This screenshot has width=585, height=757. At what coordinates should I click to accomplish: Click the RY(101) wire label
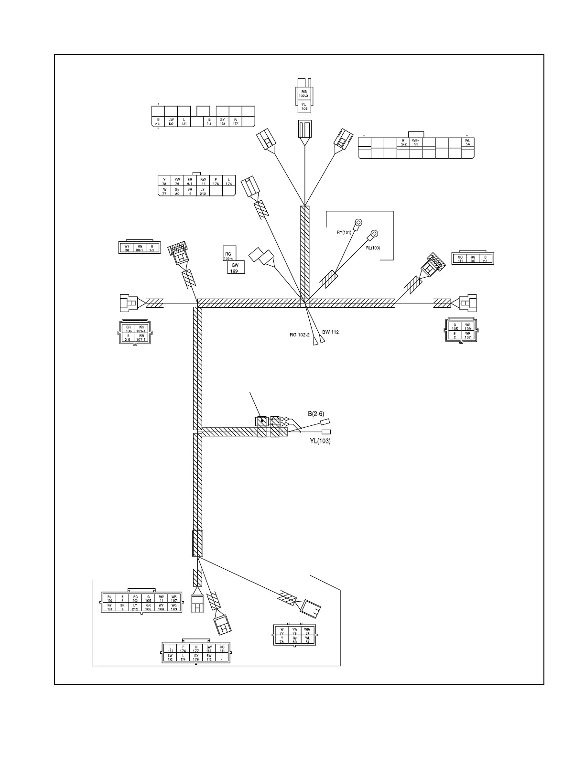pos(344,233)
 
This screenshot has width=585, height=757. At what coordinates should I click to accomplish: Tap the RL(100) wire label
pos(373,248)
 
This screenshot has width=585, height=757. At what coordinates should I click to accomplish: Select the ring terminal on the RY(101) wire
pos(357,222)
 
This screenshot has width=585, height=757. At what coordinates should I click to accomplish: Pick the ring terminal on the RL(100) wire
pos(374,234)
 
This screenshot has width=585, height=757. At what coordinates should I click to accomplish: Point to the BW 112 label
pos(330,332)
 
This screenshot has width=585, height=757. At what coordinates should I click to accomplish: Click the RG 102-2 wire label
pos(300,335)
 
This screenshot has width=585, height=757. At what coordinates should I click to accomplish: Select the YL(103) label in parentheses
pos(320,441)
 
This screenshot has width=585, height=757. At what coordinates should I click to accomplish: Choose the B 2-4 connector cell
pos(209,121)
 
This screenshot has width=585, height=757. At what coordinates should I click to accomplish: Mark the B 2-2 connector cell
pos(403,142)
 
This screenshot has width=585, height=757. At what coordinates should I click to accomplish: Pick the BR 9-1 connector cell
pos(190,181)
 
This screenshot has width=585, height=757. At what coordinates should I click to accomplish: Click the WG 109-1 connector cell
pos(141,329)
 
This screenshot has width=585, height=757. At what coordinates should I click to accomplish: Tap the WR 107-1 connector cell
pos(141,337)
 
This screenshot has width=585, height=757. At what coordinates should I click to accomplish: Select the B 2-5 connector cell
pos(128,337)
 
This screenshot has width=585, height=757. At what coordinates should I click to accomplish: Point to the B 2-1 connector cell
pos(486,259)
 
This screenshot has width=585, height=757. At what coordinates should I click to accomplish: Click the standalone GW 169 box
pos(235,267)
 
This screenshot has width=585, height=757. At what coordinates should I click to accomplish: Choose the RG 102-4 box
pos(228,256)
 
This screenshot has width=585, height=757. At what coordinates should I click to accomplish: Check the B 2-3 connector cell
pos(158,121)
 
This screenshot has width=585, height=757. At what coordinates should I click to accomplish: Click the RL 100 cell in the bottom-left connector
pos(109,598)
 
